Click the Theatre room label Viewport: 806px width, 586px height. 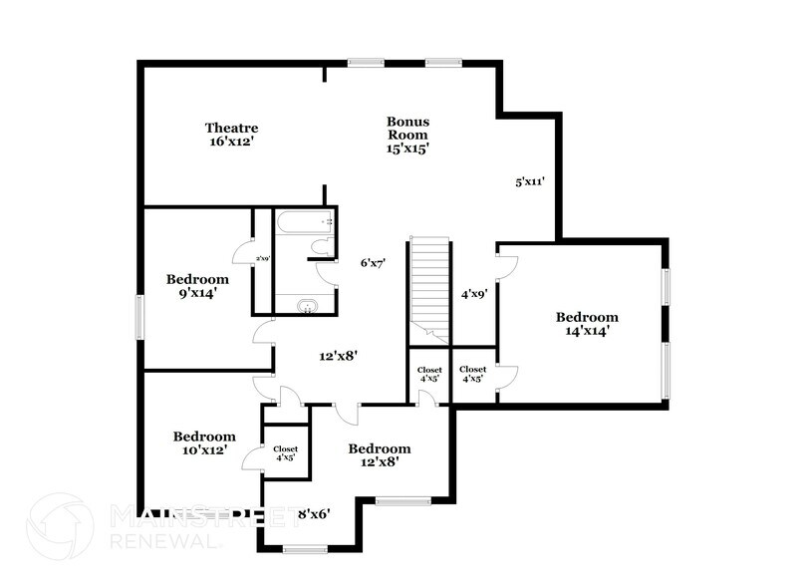pyautogui.click(x=232, y=135)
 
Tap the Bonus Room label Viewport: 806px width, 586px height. pyautogui.click(x=407, y=135)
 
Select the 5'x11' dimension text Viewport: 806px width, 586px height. pyautogui.click(x=529, y=182)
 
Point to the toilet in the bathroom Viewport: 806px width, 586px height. pyautogui.click(x=321, y=248)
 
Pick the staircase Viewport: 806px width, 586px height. pyautogui.click(x=429, y=284)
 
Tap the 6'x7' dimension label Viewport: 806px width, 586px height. pyautogui.click(x=373, y=263)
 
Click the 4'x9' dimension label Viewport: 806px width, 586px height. pyautogui.click(x=473, y=295)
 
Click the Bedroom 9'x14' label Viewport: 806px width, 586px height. pyautogui.click(x=197, y=286)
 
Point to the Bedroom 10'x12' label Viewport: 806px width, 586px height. pyautogui.click(x=204, y=442)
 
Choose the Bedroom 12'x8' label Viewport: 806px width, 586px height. pyautogui.click(x=379, y=455)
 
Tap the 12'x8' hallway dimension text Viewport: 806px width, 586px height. pyautogui.click(x=338, y=355)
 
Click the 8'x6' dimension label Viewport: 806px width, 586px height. pyautogui.click(x=314, y=514)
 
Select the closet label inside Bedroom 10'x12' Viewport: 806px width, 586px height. pyautogui.click(x=286, y=453)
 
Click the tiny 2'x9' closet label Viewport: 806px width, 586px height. pyautogui.click(x=262, y=260)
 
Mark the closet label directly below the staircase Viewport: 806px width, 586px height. pyautogui.click(x=429, y=374)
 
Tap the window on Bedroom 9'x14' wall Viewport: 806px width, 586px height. pyautogui.click(x=139, y=319)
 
